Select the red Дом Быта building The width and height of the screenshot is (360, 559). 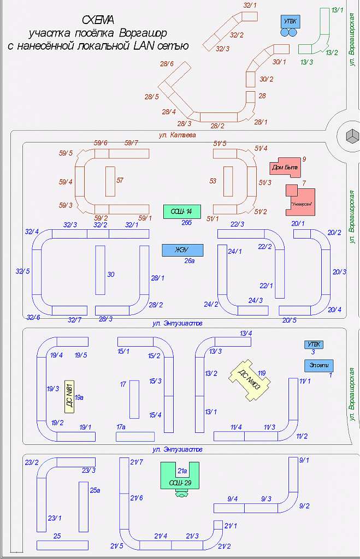click(x=285, y=167)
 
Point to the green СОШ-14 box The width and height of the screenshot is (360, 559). click(x=182, y=211)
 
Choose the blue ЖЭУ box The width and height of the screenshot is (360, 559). click(x=182, y=250)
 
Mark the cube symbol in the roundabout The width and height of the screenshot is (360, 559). click(x=351, y=134)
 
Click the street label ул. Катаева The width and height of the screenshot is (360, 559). click(x=177, y=134)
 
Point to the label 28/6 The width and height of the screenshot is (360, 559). click(x=167, y=64)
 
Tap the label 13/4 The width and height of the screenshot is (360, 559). click(x=246, y=333)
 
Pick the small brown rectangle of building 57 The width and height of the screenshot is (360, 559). click(x=110, y=181)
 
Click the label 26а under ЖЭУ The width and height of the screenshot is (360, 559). click(x=190, y=261)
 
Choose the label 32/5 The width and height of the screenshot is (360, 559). click(x=22, y=271)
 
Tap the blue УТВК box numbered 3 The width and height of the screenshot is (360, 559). click(x=314, y=344)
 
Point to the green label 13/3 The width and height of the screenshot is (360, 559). click(x=306, y=62)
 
